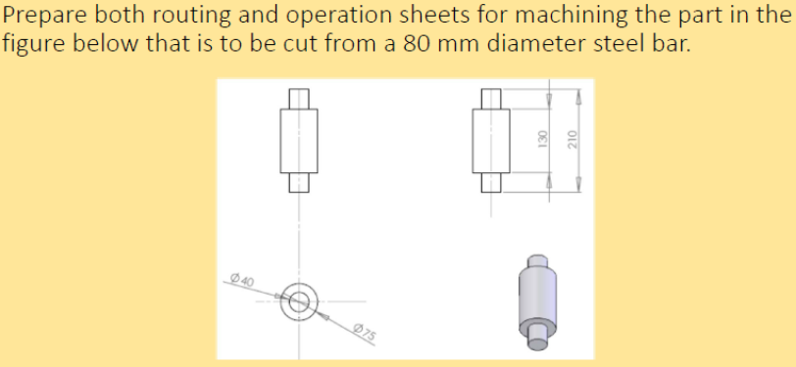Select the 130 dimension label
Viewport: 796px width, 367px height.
pyautogui.click(x=541, y=140)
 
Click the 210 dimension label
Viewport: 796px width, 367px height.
pyautogui.click(x=576, y=140)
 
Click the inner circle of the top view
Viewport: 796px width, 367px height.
pyautogui.click(x=299, y=301)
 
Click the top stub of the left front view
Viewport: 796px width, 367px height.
pyautogui.click(x=299, y=99)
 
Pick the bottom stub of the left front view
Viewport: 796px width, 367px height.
pyautogui.click(x=299, y=182)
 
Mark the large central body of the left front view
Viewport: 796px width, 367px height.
pyautogui.click(x=299, y=140)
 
